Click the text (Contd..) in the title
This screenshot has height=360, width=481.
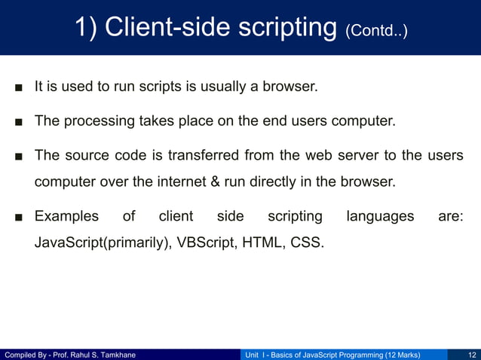click(376, 32)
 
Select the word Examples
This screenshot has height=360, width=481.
click(66, 217)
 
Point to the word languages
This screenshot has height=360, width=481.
click(380, 217)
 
